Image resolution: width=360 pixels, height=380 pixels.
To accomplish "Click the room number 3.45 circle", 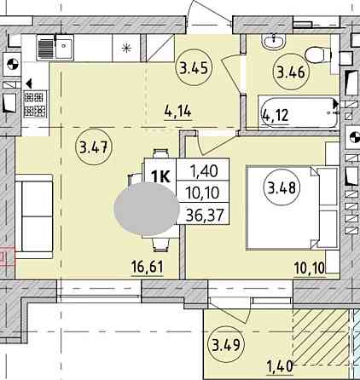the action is click(195, 68).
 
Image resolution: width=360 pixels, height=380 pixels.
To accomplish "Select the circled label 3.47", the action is click(94, 147).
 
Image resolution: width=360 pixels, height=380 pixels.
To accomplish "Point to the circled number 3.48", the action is click(282, 187).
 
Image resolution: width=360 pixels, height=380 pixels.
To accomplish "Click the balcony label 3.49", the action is click(227, 345).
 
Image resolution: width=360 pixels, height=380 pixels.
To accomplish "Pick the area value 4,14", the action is click(178, 111).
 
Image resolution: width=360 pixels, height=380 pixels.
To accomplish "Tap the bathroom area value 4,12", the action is click(276, 115).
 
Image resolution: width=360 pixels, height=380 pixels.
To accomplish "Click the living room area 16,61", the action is click(148, 267).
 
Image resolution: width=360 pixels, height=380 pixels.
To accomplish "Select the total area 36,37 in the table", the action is click(205, 215).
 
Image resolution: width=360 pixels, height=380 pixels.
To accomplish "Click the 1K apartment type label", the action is click(161, 176).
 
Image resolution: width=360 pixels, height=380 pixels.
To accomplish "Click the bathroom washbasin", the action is click(274, 43).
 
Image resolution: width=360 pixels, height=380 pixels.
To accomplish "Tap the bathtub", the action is click(299, 113).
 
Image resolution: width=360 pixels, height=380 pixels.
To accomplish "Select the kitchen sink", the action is click(55, 47).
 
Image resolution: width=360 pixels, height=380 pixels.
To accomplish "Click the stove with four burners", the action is click(35, 104).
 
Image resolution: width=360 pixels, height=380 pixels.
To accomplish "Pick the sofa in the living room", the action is click(34, 216).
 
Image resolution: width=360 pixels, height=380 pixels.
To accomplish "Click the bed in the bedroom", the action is click(292, 208).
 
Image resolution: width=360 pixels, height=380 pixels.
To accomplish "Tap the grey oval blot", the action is click(147, 210).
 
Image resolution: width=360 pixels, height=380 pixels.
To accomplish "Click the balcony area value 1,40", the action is click(280, 366).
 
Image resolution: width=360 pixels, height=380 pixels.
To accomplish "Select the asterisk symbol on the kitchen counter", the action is click(125, 48).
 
